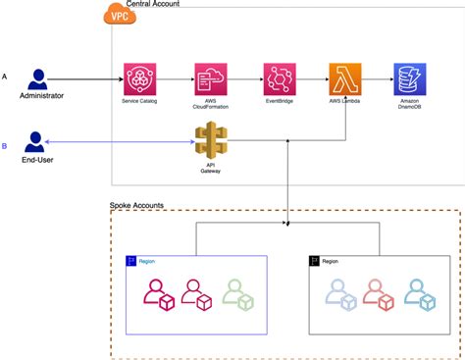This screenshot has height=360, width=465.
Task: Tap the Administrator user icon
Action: tap(40, 78)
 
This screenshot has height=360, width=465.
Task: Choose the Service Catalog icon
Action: tap(138, 78)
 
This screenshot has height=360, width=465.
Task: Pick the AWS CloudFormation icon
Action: tap(210, 78)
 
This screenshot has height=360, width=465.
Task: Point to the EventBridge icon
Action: tap(279, 78)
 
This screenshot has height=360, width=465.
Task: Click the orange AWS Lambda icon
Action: tap(343, 78)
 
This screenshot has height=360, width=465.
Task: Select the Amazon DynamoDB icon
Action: tap(408, 78)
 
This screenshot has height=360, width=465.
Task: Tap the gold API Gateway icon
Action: tap(210, 140)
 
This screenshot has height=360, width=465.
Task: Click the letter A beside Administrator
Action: tap(6, 77)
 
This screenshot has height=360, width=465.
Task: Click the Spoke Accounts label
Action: tap(136, 205)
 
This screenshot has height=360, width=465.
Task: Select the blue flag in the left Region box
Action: tap(129, 261)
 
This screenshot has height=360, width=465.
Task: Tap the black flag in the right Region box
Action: tap(314, 261)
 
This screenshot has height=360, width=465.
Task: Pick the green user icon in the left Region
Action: tap(237, 293)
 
